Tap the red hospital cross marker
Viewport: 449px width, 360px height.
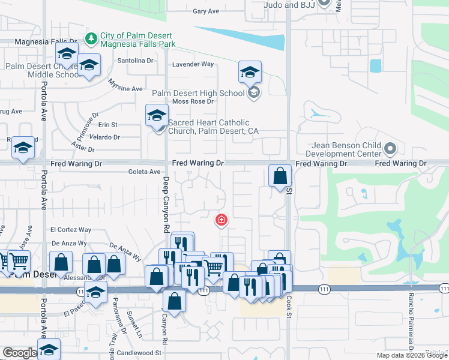coord(221,220)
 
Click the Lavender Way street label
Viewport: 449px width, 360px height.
coord(193,64)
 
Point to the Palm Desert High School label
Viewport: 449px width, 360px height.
coord(198,93)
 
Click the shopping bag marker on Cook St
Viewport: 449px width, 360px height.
coord(280,176)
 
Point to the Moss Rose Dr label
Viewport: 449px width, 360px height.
coord(193,101)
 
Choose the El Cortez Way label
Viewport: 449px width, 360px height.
coord(71,229)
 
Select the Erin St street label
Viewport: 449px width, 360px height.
coord(108,125)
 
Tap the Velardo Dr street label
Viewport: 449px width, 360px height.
coord(105,137)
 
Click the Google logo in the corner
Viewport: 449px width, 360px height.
coord(19,353)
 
